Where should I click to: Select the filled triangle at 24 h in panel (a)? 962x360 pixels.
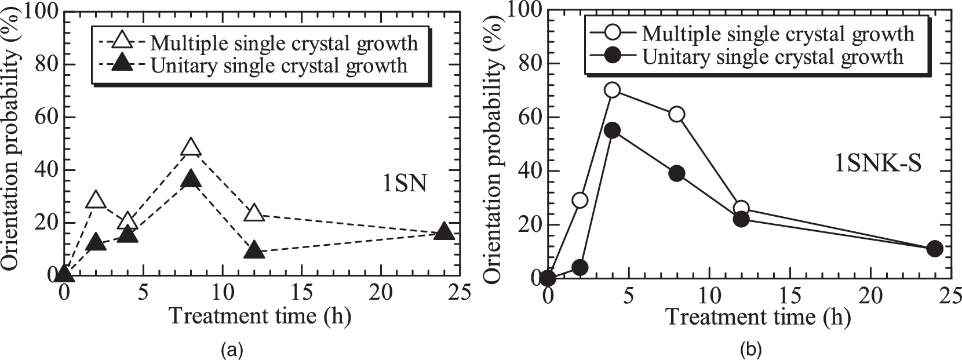coord(444,232)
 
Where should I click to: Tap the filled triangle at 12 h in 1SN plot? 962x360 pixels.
coord(254,250)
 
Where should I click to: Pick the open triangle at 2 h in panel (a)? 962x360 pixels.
coord(96,201)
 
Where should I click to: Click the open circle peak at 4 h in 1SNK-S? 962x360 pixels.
coord(612,90)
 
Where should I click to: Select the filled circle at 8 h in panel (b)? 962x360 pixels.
coord(676,173)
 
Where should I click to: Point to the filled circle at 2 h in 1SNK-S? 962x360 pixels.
coord(580,267)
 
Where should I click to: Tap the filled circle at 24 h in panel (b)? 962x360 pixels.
coord(934,249)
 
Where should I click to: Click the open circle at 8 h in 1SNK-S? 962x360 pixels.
coord(676,114)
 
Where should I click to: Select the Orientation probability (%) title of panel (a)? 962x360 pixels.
coord(10,142)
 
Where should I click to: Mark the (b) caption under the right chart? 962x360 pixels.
coord(748,350)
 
